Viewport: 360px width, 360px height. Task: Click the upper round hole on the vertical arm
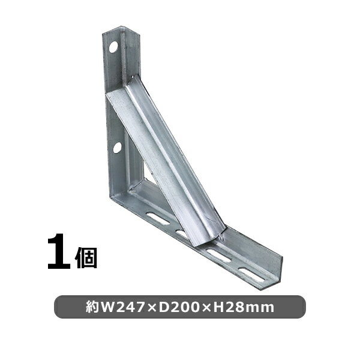coord(112,46)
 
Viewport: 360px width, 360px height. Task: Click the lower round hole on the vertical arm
coord(117,147)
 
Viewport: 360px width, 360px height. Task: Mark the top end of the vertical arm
coord(120,30)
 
